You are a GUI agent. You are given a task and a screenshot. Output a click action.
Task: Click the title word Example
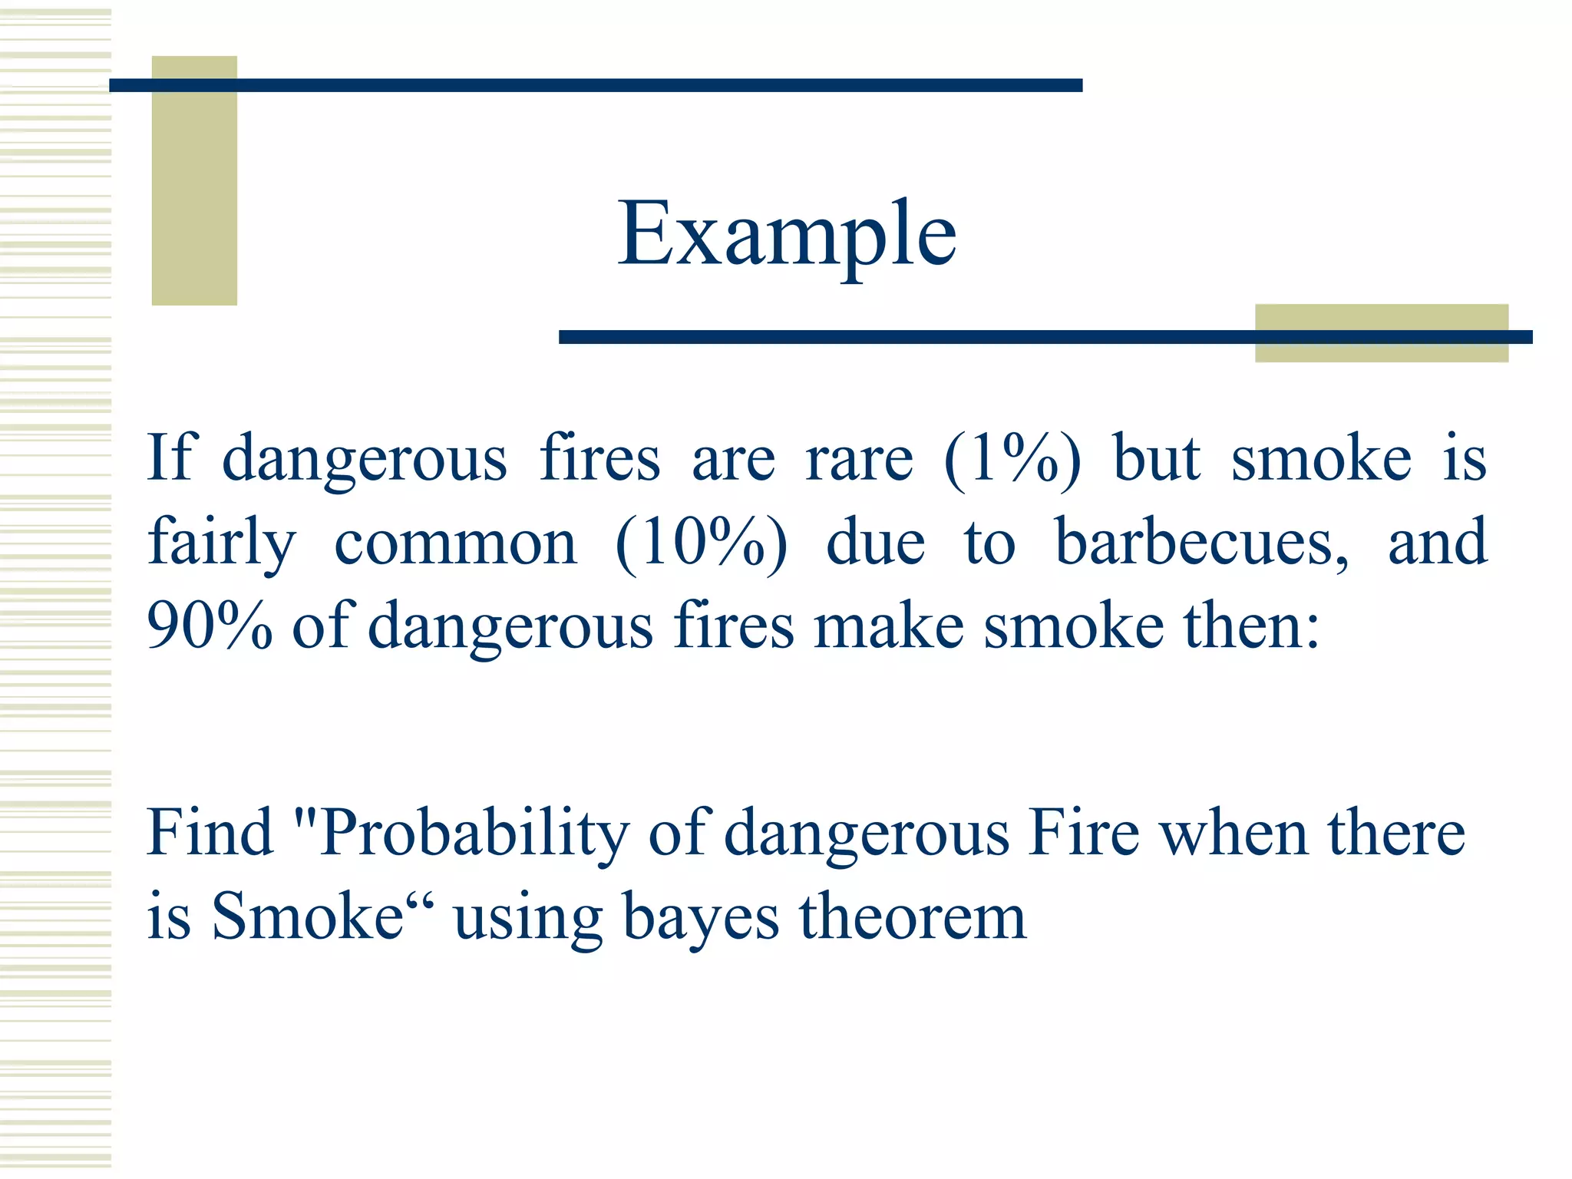click(x=787, y=234)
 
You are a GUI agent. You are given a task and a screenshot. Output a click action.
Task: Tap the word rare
click(x=859, y=459)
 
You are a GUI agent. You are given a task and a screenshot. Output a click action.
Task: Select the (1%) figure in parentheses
click(x=1012, y=459)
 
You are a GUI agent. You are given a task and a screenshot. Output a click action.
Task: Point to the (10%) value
click(x=701, y=543)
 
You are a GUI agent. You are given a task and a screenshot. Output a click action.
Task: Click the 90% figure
click(x=210, y=626)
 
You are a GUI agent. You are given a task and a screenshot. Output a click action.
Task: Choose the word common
click(x=455, y=543)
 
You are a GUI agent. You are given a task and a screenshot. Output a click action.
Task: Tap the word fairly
click(x=221, y=543)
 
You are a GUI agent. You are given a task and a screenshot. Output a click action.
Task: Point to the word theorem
click(x=913, y=917)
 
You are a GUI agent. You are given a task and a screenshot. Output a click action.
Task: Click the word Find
click(x=210, y=834)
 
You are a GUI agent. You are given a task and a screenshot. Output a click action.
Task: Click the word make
click(x=888, y=626)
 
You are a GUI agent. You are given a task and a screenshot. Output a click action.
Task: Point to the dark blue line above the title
click(x=596, y=85)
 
